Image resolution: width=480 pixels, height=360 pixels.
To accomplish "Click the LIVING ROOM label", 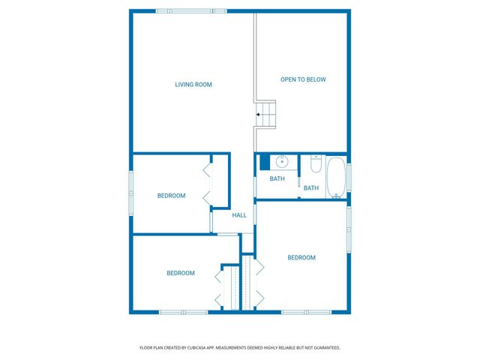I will (x=193, y=85).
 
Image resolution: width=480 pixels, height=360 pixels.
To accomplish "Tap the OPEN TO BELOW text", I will (x=303, y=79).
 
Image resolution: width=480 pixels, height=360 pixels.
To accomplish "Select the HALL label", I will (x=239, y=215).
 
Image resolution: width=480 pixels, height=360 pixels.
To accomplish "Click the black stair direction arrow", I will (x=259, y=115).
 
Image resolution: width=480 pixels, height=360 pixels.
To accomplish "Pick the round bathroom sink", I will (x=282, y=161).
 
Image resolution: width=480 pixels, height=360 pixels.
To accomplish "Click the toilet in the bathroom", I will (x=316, y=162).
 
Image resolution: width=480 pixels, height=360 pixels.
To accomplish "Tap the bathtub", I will (x=336, y=178).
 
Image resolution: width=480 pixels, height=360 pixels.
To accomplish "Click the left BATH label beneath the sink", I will (x=277, y=178).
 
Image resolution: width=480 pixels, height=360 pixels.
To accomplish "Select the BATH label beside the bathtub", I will (x=311, y=187).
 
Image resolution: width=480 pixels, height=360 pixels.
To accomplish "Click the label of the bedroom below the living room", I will (x=171, y=196).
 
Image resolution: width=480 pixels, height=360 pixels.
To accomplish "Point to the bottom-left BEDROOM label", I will (x=181, y=273).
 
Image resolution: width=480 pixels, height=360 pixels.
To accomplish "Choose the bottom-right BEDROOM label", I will (x=301, y=257).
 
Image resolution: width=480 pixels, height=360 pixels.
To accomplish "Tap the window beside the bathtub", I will (x=349, y=178).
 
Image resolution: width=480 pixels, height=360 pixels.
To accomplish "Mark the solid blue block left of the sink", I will (x=265, y=161).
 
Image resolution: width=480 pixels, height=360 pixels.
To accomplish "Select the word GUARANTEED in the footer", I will (x=324, y=347).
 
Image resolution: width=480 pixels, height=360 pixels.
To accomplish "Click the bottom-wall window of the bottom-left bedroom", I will (x=183, y=311).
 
